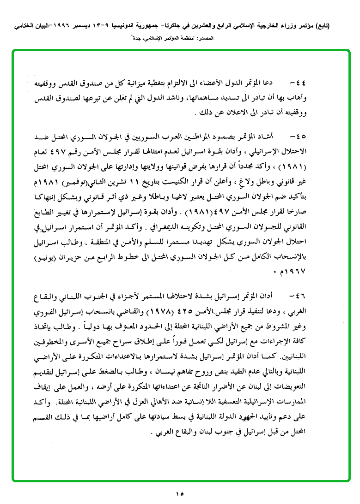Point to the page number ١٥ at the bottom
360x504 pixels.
point(180,493)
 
